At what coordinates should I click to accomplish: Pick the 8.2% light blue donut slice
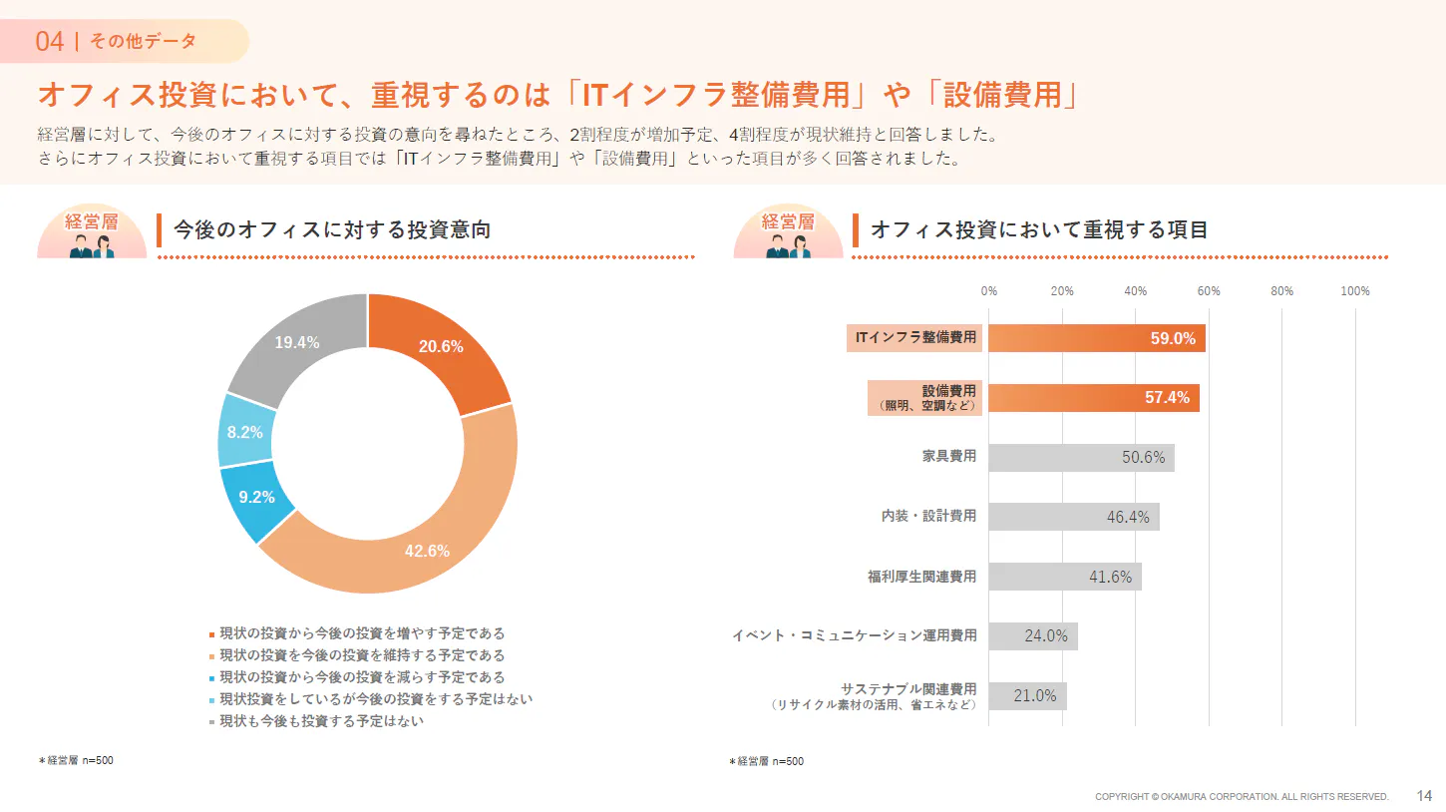tap(245, 432)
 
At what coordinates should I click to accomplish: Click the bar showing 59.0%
tap(1097, 338)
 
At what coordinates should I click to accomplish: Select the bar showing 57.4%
tap(1094, 397)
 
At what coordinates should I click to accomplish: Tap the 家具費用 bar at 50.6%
tap(1081, 457)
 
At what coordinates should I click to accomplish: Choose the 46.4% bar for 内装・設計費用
tap(1074, 517)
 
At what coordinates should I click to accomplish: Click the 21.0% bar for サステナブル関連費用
tap(1028, 695)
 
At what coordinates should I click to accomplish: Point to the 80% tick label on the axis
tap(1282, 291)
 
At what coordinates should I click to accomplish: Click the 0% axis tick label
tap(989, 291)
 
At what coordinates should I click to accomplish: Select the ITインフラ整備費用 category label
tap(915, 337)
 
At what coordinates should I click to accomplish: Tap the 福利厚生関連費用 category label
tap(921, 577)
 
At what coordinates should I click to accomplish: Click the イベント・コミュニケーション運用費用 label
tap(854, 635)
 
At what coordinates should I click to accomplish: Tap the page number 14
tap(1425, 796)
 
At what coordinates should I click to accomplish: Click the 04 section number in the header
tap(50, 41)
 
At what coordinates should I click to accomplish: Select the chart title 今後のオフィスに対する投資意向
tap(332, 230)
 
